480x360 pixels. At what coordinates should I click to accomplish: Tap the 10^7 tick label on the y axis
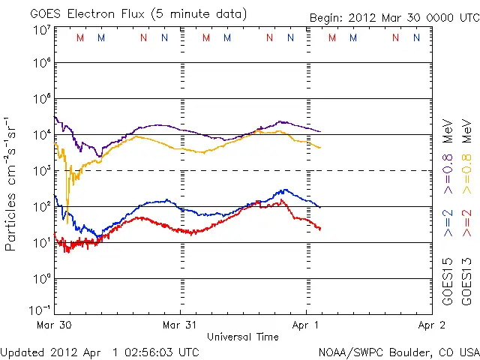tap(41, 30)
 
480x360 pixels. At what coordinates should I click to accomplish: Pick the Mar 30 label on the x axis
tap(54, 325)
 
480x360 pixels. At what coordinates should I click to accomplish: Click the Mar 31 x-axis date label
tap(180, 325)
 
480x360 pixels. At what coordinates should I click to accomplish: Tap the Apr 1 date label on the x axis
tap(306, 325)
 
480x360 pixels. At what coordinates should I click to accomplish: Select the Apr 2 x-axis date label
tap(432, 325)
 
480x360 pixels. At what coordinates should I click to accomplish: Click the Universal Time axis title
tap(243, 337)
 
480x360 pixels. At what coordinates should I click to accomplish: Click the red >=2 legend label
tap(466, 223)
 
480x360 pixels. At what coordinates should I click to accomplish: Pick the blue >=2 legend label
tap(448, 223)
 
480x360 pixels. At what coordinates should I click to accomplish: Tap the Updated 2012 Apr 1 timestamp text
tap(100, 352)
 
